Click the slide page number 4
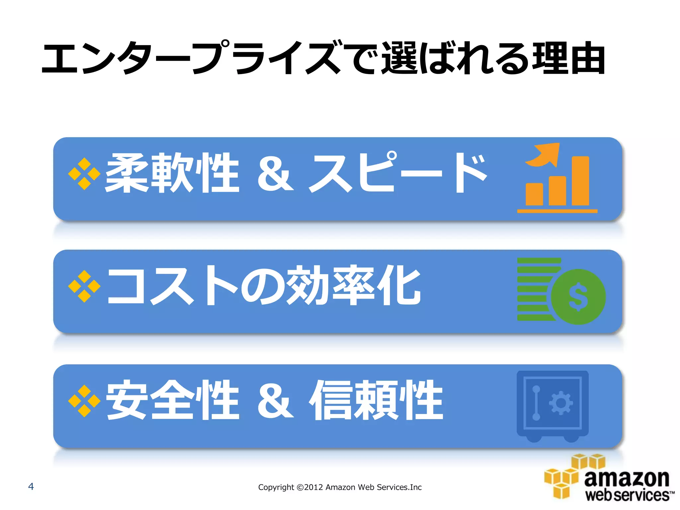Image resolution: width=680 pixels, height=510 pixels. point(31,486)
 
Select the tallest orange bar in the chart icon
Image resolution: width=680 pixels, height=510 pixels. point(580,181)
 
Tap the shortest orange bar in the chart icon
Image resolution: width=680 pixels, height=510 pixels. point(534,194)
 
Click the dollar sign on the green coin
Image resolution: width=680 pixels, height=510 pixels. point(578,297)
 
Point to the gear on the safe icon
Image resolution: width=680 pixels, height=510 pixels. point(561,403)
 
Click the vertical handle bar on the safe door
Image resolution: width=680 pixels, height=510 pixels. point(536,403)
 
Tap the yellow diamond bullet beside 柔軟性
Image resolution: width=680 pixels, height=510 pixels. point(84,174)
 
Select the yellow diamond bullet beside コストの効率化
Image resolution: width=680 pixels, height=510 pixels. point(84,286)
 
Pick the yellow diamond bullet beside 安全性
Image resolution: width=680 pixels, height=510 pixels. point(84,401)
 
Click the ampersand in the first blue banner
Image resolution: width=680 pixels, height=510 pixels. point(275,174)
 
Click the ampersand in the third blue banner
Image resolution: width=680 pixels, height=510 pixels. point(275,401)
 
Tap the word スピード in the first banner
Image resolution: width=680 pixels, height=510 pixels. point(398,173)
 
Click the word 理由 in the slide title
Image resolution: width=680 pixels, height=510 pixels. point(569,58)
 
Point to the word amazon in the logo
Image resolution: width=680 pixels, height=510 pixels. point(627,478)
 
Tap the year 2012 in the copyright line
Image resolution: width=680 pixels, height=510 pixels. point(313,487)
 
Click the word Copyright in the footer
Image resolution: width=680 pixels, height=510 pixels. point(276,487)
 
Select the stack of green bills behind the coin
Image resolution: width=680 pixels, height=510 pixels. point(533,289)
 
